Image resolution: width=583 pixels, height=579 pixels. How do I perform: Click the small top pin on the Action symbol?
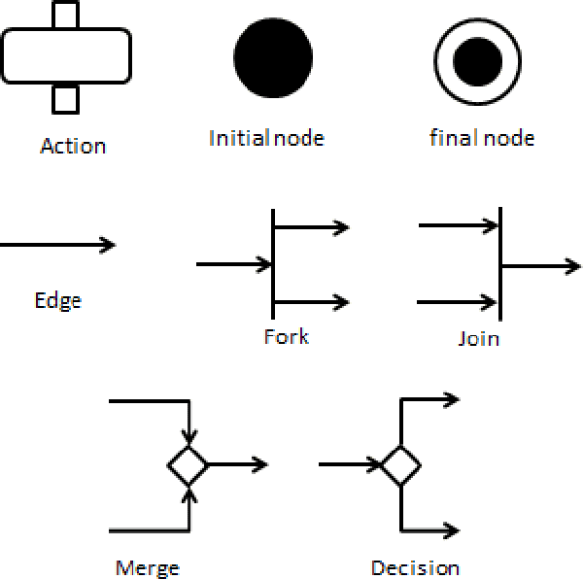pos(66,15)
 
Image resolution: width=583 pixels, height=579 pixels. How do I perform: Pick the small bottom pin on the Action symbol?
pos(66,99)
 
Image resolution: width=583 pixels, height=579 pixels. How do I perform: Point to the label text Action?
pos(73,147)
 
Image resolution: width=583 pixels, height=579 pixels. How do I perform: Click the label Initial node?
pos(266,138)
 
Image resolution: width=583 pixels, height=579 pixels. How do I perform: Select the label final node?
pos(482,138)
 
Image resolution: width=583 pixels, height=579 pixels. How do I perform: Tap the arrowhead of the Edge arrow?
pos(109,245)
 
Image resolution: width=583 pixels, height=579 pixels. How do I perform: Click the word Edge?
pos(57,300)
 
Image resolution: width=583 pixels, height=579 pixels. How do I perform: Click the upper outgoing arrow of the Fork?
pos(311,227)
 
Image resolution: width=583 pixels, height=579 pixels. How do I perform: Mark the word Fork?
pos(286,337)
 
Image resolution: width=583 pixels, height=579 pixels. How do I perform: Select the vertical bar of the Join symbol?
pos(499,263)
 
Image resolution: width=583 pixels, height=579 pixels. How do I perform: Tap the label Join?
pos(478,339)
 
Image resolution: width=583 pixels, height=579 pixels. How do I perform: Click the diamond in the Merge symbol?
pos(188,465)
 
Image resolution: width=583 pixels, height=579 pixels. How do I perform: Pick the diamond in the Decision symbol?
pos(399,465)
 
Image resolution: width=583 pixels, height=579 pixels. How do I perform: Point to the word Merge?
pos(147,568)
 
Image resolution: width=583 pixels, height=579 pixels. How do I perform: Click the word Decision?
pos(415,568)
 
